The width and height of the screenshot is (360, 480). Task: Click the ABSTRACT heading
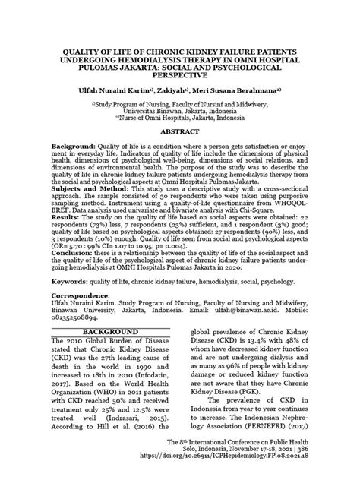coord(180,131)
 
